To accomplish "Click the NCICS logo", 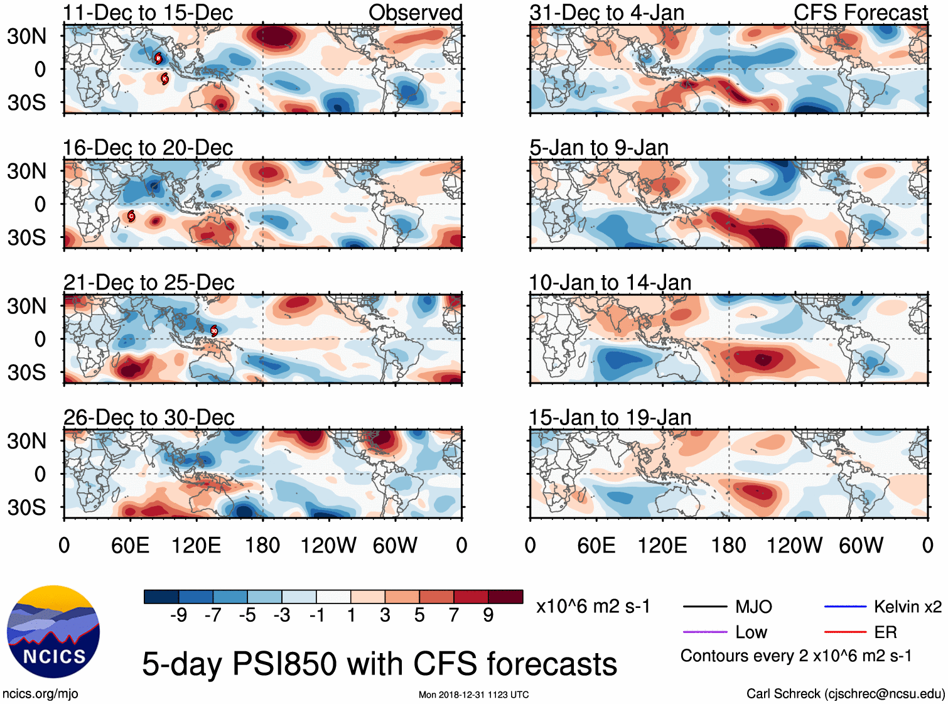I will (53, 632).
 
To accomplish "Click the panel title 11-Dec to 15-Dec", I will (148, 13).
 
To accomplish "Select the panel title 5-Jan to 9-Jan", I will (598, 148).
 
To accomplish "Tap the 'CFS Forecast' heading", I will (860, 13).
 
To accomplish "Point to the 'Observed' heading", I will (415, 13).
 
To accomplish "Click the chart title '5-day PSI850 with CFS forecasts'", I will (379, 664).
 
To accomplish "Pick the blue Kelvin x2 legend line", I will (845, 607).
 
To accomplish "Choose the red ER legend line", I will (845, 632).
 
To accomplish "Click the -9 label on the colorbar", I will (178, 615).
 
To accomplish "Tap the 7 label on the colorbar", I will (454, 615).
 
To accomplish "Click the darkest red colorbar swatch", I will (505, 597).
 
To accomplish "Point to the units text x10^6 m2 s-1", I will (593, 607).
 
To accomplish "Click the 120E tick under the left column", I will (196, 545).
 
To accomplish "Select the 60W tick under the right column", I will (861, 545).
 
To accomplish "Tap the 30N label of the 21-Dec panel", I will (26, 306).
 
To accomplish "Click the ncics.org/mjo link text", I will (40, 693).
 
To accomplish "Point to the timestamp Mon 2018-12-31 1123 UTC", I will (473, 695).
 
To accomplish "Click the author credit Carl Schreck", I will (845, 693).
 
